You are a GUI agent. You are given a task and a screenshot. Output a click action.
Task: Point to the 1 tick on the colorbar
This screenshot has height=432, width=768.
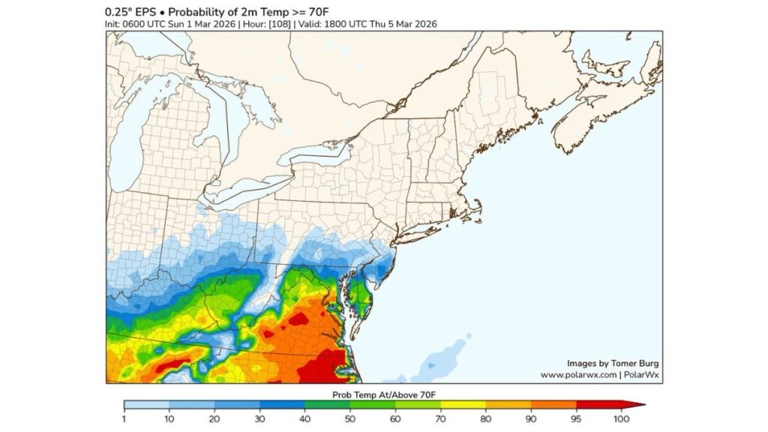[124, 405]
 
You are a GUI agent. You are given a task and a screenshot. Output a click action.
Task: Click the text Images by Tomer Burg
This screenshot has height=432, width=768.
[612, 362]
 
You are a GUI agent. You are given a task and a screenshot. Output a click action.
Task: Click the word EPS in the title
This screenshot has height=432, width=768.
[140, 11]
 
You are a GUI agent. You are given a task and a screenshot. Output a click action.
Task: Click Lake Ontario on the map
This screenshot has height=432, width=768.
[315, 154]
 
